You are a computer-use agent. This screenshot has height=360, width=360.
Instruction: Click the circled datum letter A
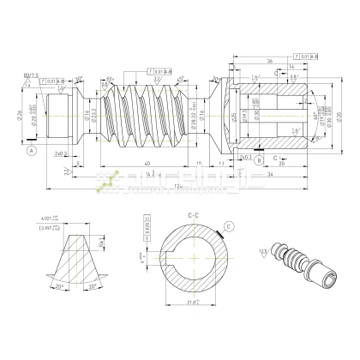coord(32,149)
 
